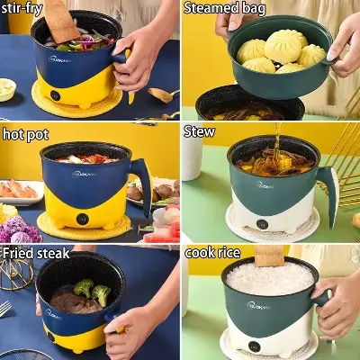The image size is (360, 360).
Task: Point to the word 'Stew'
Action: pos(199,131)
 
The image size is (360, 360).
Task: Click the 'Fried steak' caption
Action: pos(35,253)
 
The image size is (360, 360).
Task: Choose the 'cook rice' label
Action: pos(212,253)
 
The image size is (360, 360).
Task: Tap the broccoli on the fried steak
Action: pos(94,292)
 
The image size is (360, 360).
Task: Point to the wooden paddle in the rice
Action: pos(268,256)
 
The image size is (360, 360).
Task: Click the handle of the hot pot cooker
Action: pos(142,184)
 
